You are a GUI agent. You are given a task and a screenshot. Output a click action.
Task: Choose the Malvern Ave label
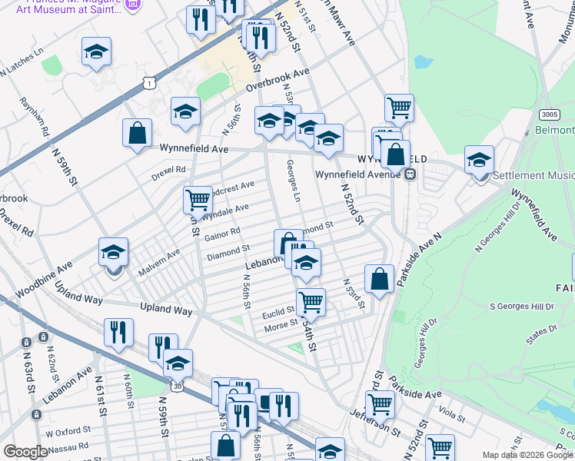159,262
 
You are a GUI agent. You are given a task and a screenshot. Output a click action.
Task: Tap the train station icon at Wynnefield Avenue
410,173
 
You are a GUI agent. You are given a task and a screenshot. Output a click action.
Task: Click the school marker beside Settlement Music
479,161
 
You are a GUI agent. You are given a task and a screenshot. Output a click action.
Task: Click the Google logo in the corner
25,452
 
